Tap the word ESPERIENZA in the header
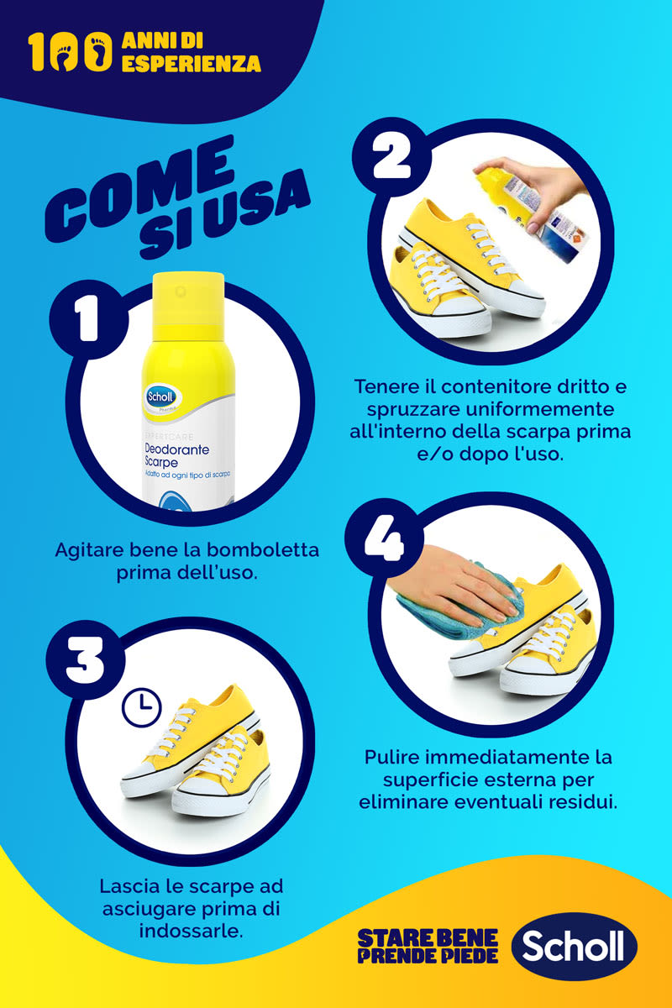tap(191, 64)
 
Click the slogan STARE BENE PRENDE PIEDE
tap(428, 946)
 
